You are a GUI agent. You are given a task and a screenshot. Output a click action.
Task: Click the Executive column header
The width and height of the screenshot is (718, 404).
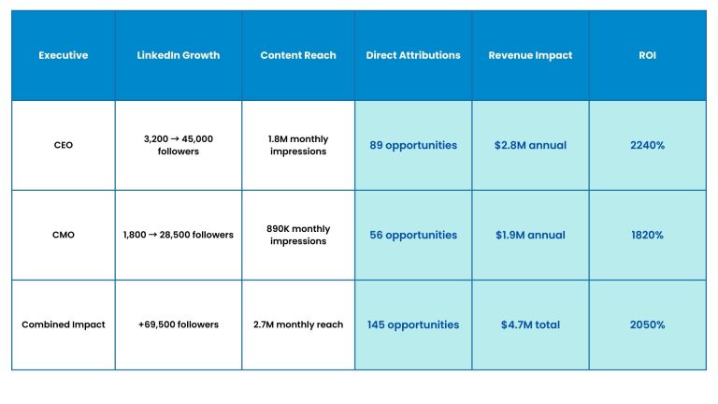[x=64, y=55]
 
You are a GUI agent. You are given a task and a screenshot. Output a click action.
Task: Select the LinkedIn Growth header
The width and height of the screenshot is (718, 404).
[x=179, y=55]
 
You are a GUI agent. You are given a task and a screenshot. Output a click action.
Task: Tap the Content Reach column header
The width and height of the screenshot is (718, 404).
[x=298, y=55]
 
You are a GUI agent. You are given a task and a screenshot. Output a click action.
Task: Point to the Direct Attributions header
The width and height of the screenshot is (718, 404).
[x=413, y=55]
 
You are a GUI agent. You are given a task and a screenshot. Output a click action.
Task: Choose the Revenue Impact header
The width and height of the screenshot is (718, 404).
[x=530, y=55]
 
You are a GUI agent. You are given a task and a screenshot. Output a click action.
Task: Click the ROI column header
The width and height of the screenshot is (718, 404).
[x=648, y=55]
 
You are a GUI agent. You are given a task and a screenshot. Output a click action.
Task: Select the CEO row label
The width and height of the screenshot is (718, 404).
[x=64, y=145]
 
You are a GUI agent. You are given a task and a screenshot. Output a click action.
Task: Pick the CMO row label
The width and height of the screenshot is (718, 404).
[x=64, y=235]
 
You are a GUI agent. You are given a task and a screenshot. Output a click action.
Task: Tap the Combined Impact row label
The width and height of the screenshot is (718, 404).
[x=64, y=325]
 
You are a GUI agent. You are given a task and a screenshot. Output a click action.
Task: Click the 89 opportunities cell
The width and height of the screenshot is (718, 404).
[x=413, y=145]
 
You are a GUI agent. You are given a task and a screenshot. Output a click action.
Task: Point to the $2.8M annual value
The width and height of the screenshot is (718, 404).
[x=530, y=145]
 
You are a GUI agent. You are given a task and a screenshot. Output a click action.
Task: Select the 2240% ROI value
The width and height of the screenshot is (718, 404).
[x=648, y=145]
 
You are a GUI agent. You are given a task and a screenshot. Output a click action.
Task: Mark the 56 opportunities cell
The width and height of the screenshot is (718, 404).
[x=413, y=235]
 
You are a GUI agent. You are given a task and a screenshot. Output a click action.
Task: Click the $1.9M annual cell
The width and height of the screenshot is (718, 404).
[x=530, y=235]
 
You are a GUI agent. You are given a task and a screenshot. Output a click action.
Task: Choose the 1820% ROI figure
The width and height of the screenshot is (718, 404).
[x=648, y=235]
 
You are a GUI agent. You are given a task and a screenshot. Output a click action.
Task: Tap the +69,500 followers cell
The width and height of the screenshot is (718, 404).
[x=179, y=325]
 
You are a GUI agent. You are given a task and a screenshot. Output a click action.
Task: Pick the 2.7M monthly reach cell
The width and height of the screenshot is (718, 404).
[x=298, y=325]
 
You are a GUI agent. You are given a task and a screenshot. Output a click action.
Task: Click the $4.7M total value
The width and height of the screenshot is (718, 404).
[x=530, y=325]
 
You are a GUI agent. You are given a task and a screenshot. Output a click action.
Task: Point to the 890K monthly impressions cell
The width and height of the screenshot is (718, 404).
[x=298, y=235]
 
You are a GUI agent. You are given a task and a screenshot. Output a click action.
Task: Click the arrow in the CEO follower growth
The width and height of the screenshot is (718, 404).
[x=175, y=139]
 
